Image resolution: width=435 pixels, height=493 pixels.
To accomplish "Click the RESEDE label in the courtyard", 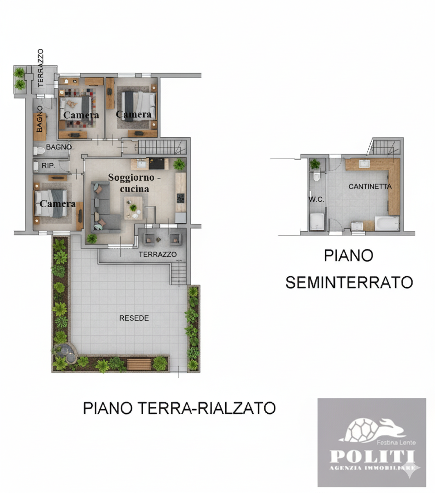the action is point(134,318).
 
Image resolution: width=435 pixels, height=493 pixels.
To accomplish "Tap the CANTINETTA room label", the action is point(370,186).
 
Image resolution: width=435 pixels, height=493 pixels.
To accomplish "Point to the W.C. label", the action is point(316,199).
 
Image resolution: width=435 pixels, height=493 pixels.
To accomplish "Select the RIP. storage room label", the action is point(48,166).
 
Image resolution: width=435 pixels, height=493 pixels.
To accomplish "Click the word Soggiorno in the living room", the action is point(131,177).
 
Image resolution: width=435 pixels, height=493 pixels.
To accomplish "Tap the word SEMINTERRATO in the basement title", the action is point(349,282).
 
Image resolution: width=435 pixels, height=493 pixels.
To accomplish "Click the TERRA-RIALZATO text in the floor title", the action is point(206,408).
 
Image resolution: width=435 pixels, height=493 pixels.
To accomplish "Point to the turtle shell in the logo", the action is point(362,430).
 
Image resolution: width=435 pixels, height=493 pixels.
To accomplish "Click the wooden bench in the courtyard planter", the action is point(139,364).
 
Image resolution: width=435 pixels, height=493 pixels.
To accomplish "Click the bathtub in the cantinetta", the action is point(387,224).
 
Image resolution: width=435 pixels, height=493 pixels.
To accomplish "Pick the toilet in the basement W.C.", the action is point(316,177).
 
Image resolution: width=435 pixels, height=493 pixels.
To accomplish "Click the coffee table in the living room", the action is point(133,208).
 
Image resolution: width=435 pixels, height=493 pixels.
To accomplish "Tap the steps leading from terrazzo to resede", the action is point(179,273).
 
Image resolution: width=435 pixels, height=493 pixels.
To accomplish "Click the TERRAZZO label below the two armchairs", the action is point(158,254).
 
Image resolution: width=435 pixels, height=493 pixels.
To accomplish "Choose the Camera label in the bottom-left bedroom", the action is point(58,204).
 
